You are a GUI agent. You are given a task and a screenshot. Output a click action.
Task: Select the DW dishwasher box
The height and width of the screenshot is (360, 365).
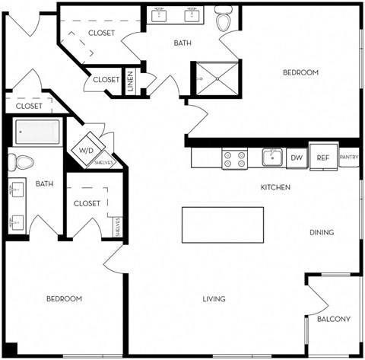[x=296, y=158]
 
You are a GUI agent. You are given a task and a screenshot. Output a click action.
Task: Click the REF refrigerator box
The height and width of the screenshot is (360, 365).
[x=322, y=157]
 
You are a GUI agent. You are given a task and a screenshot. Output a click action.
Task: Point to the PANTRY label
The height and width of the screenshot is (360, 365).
[x=348, y=158]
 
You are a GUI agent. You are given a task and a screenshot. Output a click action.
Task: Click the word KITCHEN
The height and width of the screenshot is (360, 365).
[x=275, y=187]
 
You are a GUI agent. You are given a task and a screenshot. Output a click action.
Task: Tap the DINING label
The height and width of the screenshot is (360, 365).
[x=322, y=232]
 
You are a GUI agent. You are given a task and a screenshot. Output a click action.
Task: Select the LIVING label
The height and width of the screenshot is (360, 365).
[x=214, y=299]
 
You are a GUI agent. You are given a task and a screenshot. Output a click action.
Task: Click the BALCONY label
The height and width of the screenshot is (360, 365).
[x=334, y=319]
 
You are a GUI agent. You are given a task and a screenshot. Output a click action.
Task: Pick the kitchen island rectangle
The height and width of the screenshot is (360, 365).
[x=222, y=225]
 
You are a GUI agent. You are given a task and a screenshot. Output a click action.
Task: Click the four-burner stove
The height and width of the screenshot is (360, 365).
[x=234, y=158]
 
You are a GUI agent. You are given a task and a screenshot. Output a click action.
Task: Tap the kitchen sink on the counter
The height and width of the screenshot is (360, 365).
[x=272, y=157]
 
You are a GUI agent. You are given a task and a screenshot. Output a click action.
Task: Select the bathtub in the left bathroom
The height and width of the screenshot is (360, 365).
[x=39, y=132]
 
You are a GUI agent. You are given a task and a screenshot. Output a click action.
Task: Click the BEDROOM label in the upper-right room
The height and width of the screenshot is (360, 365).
[x=300, y=72]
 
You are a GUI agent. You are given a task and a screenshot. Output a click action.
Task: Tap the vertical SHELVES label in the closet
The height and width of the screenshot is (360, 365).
[x=117, y=226]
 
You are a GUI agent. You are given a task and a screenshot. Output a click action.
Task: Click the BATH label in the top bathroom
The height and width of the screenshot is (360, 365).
[x=182, y=43]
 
